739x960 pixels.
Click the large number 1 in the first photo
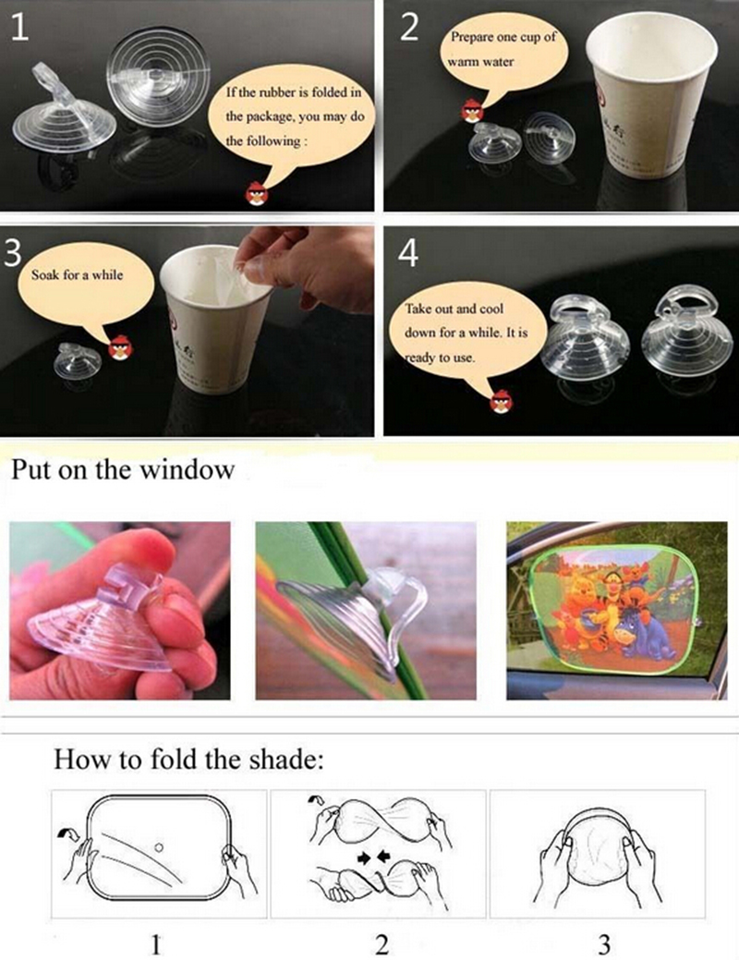coord(20,28)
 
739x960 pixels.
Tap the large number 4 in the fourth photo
coord(408,251)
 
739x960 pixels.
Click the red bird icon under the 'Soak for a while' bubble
coord(120,347)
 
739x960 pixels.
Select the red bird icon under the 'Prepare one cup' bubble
coord(472,111)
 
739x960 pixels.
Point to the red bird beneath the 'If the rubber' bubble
coord(257,193)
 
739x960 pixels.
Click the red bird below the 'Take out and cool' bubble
coord(502,401)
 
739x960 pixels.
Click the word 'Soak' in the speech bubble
coord(46,275)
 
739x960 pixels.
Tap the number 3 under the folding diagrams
coord(603,943)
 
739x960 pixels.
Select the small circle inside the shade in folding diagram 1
coord(159,847)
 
